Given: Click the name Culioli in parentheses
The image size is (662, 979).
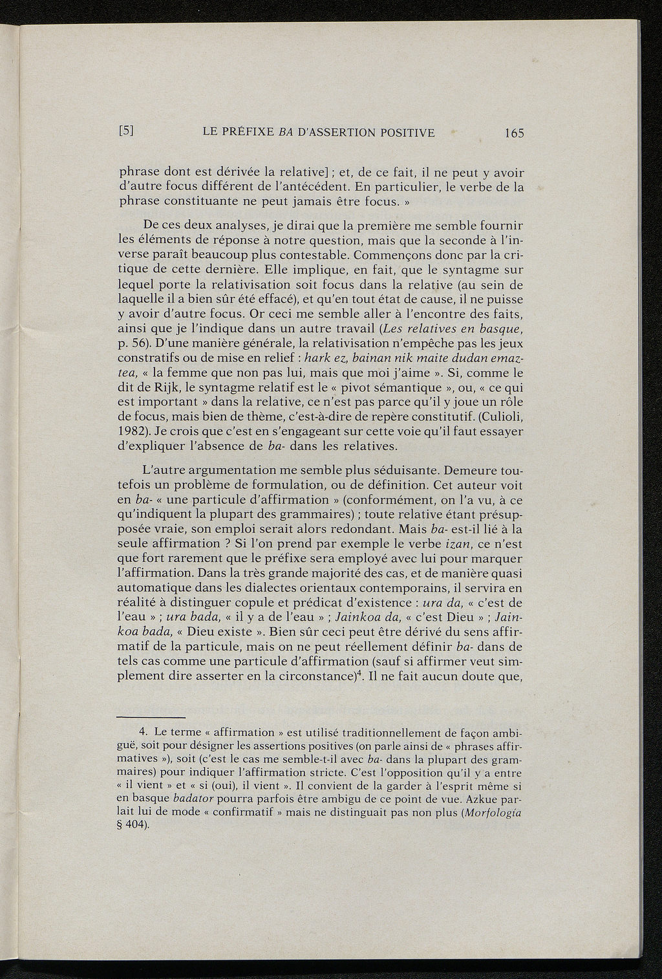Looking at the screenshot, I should pos(498,416).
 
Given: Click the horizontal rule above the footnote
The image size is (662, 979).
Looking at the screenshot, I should pos(151,716).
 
